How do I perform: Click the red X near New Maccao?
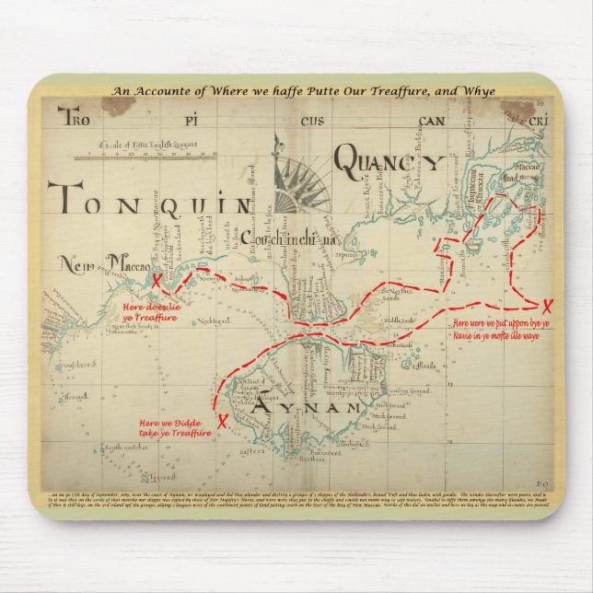pyautogui.click(x=157, y=280)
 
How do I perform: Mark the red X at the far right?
pyautogui.click(x=549, y=306)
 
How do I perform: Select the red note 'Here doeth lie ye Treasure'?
pyautogui.click(x=153, y=313)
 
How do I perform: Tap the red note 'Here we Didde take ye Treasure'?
pyautogui.click(x=175, y=425)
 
